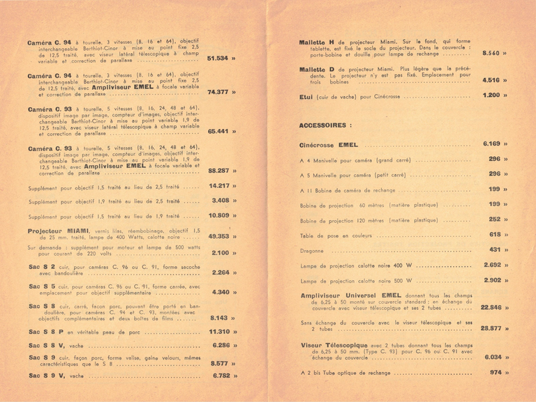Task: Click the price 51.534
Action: pos(218,59)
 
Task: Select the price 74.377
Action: pos(218,92)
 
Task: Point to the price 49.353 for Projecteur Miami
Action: pos(218,236)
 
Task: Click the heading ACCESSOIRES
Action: pos(325,125)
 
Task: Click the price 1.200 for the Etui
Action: pos(491,95)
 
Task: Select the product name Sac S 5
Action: pos(43,286)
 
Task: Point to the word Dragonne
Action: pos(313,249)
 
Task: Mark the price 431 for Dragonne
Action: pos(495,249)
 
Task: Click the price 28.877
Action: pos(491,327)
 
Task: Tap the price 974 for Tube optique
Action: pos(495,373)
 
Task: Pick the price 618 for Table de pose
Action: pos(495,235)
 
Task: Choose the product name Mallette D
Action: pos(322,69)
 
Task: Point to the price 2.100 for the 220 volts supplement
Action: pos(221,253)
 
